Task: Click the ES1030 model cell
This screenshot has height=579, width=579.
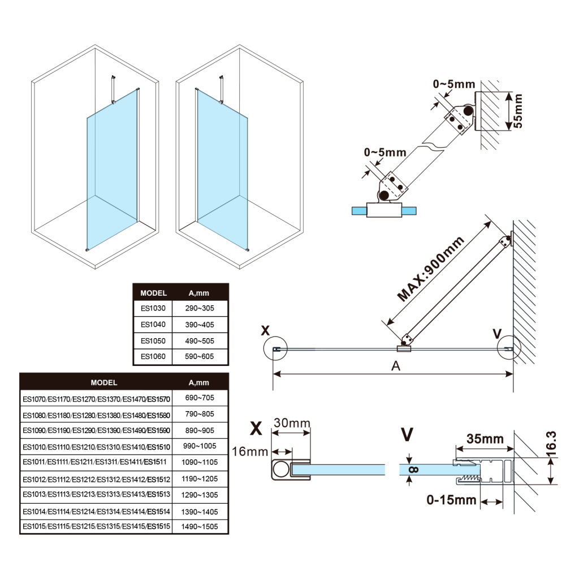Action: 153,309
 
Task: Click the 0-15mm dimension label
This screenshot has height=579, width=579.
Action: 452,500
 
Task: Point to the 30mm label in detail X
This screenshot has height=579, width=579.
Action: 292,423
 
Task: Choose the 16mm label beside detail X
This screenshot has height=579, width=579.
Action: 249,452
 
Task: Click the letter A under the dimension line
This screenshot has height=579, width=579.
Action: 396,366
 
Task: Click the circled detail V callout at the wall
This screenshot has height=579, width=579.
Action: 509,350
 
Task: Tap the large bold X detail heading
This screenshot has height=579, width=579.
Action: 256,429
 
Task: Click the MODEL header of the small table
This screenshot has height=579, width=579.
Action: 153,293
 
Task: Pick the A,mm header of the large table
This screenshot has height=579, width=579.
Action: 198,383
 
